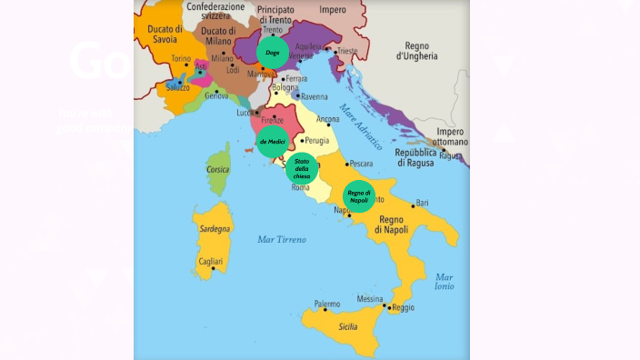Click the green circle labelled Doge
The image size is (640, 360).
click(x=272, y=53)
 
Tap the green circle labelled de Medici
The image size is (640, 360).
click(x=273, y=141)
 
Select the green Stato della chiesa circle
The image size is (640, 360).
click(x=302, y=169)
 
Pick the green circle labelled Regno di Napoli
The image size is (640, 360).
click(x=360, y=196)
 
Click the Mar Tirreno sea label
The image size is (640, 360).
click(x=282, y=239)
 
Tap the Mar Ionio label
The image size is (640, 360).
click(x=445, y=281)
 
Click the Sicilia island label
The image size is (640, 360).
click(x=348, y=325)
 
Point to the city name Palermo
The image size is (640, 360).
click(x=326, y=304)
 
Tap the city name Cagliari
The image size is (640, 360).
click(x=210, y=262)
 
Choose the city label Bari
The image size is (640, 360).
click(x=422, y=203)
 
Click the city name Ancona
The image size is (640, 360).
click(x=327, y=119)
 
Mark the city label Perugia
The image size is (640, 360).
click(x=317, y=141)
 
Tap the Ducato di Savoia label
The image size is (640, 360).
click(x=165, y=35)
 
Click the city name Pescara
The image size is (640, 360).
click(x=361, y=165)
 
